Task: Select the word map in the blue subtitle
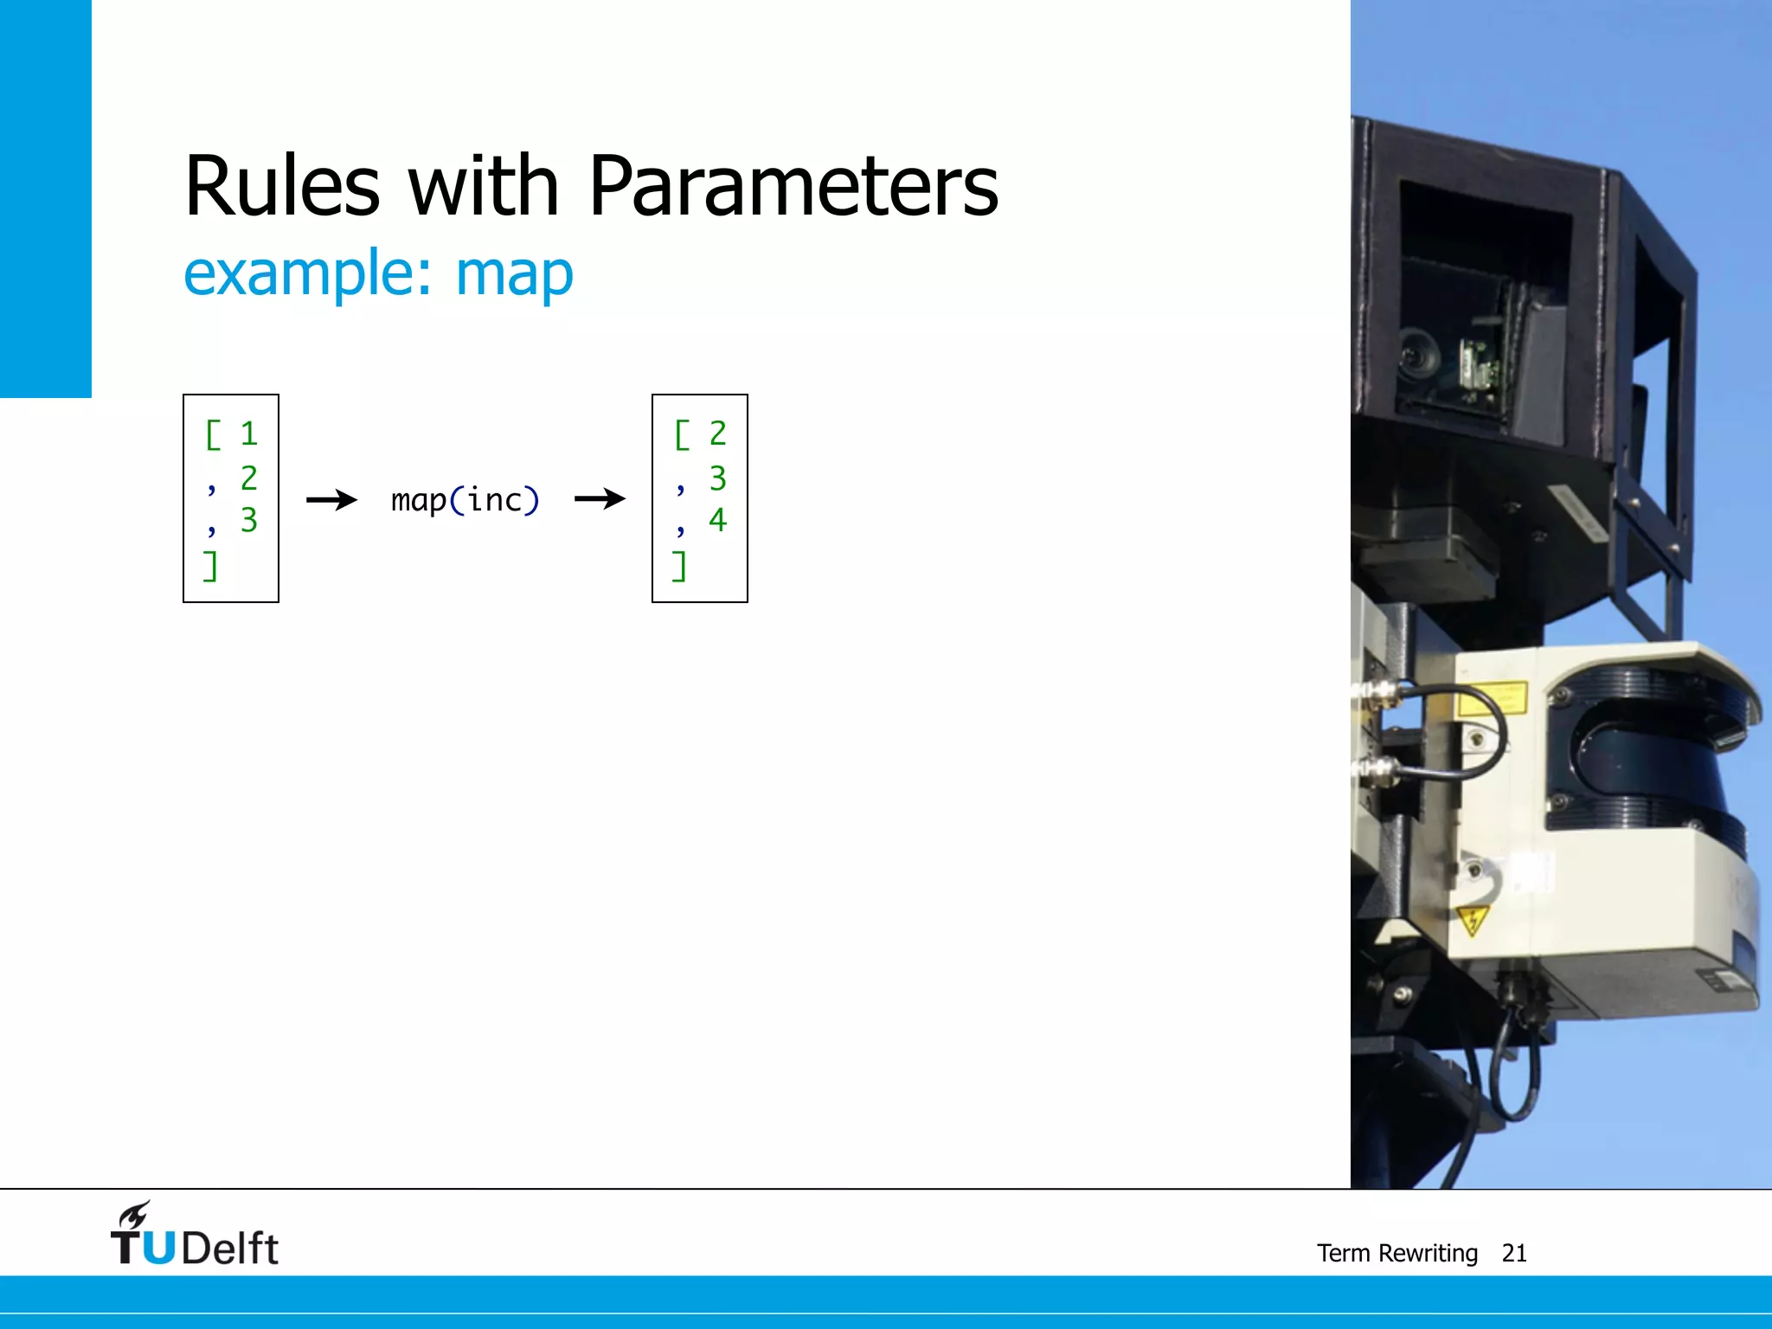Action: [x=514, y=273]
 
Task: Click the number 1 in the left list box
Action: [x=249, y=434]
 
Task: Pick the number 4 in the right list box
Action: [x=717, y=519]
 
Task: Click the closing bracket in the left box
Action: [x=210, y=566]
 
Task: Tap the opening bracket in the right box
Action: [x=682, y=434]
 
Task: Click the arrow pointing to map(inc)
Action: [x=332, y=499]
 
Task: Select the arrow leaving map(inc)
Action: [x=600, y=498]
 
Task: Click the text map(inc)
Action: [x=465, y=500]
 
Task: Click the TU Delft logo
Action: [x=195, y=1237]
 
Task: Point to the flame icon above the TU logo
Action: [x=135, y=1215]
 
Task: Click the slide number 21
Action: [x=1513, y=1253]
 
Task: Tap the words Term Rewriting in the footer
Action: [x=1396, y=1253]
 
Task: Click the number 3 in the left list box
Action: [x=249, y=520]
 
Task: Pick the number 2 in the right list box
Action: [x=717, y=433]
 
